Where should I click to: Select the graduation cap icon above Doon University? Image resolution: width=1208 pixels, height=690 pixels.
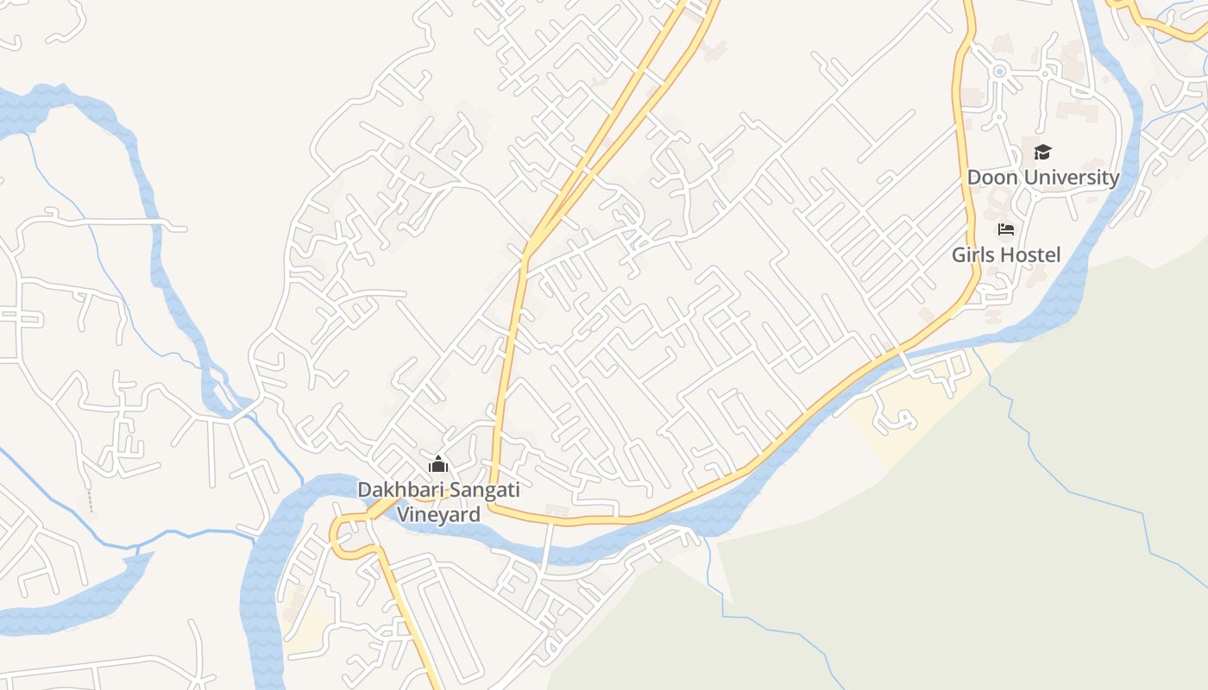(x=1042, y=153)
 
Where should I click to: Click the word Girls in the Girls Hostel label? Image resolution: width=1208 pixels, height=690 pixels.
(x=972, y=255)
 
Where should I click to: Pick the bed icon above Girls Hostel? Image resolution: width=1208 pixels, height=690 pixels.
(x=1005, y=229)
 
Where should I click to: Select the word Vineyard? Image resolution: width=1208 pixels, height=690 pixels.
(x=437, y=515)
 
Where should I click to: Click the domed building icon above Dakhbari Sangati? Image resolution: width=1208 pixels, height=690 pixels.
(x=438, y=465)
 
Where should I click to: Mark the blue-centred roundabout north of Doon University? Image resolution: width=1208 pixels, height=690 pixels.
(x=1000, y=72)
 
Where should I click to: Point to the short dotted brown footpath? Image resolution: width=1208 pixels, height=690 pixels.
(x=90, y=501)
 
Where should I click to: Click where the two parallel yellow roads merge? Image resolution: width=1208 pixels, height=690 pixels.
(x=528, y=246)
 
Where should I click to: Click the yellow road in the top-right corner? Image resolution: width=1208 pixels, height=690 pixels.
(x=1165, y=26)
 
